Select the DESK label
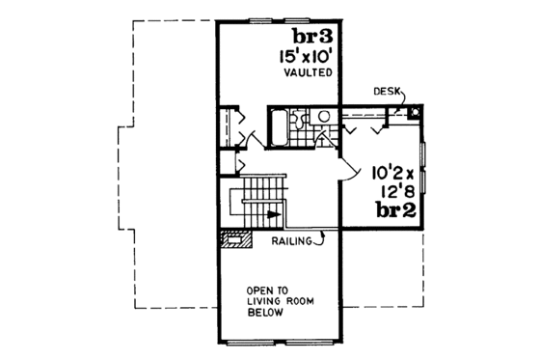click(x=386, y=92)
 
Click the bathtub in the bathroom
click(x=277, y=125)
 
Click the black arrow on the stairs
click(x=272, y=214)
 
